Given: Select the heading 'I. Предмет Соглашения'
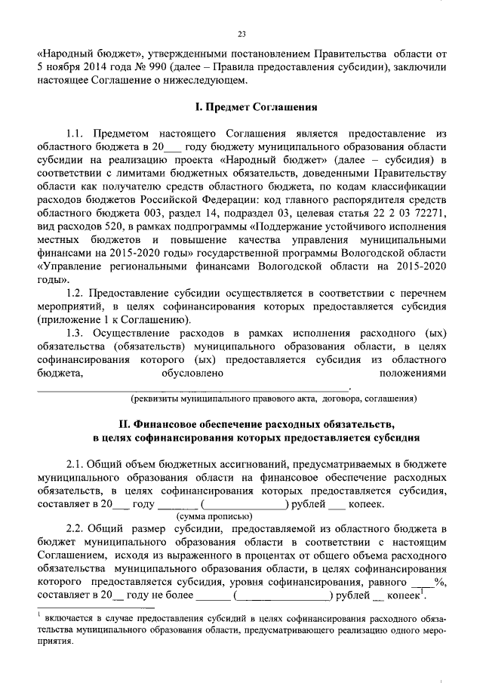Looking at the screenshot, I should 241,107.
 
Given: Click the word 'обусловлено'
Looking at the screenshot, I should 192,374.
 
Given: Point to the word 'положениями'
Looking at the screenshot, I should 413,374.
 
